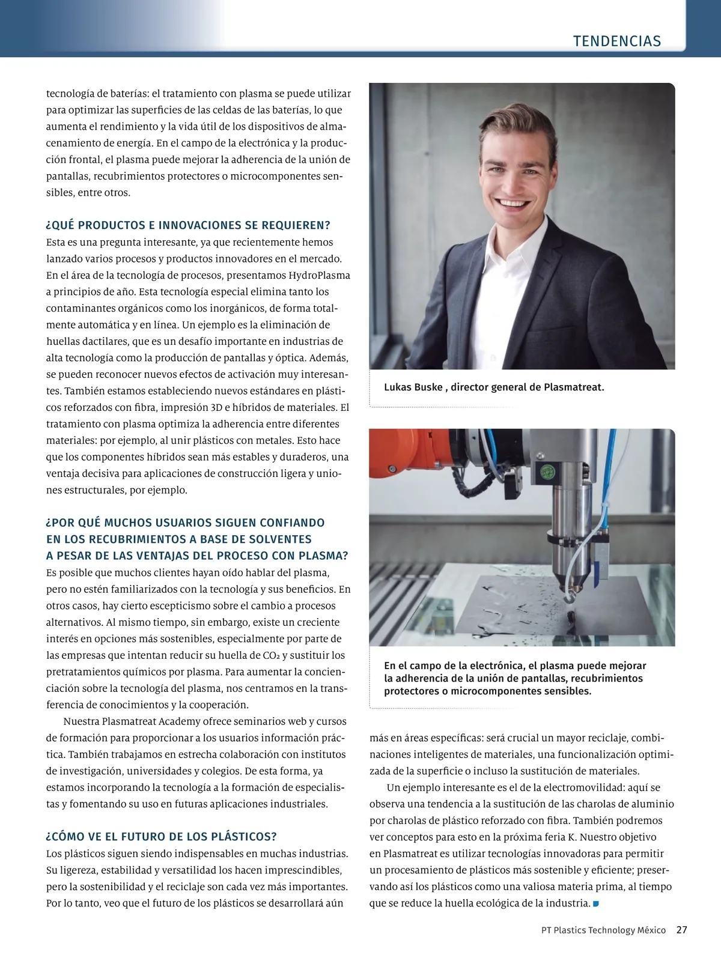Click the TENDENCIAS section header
(616, 41)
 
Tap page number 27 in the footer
(681, 930)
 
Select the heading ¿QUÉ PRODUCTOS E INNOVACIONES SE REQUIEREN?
(188, 225)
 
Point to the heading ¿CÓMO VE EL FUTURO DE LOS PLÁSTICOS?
(161, 837)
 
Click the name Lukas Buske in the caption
(413, 387)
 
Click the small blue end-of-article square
(595, 903)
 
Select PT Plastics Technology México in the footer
(603, 930)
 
